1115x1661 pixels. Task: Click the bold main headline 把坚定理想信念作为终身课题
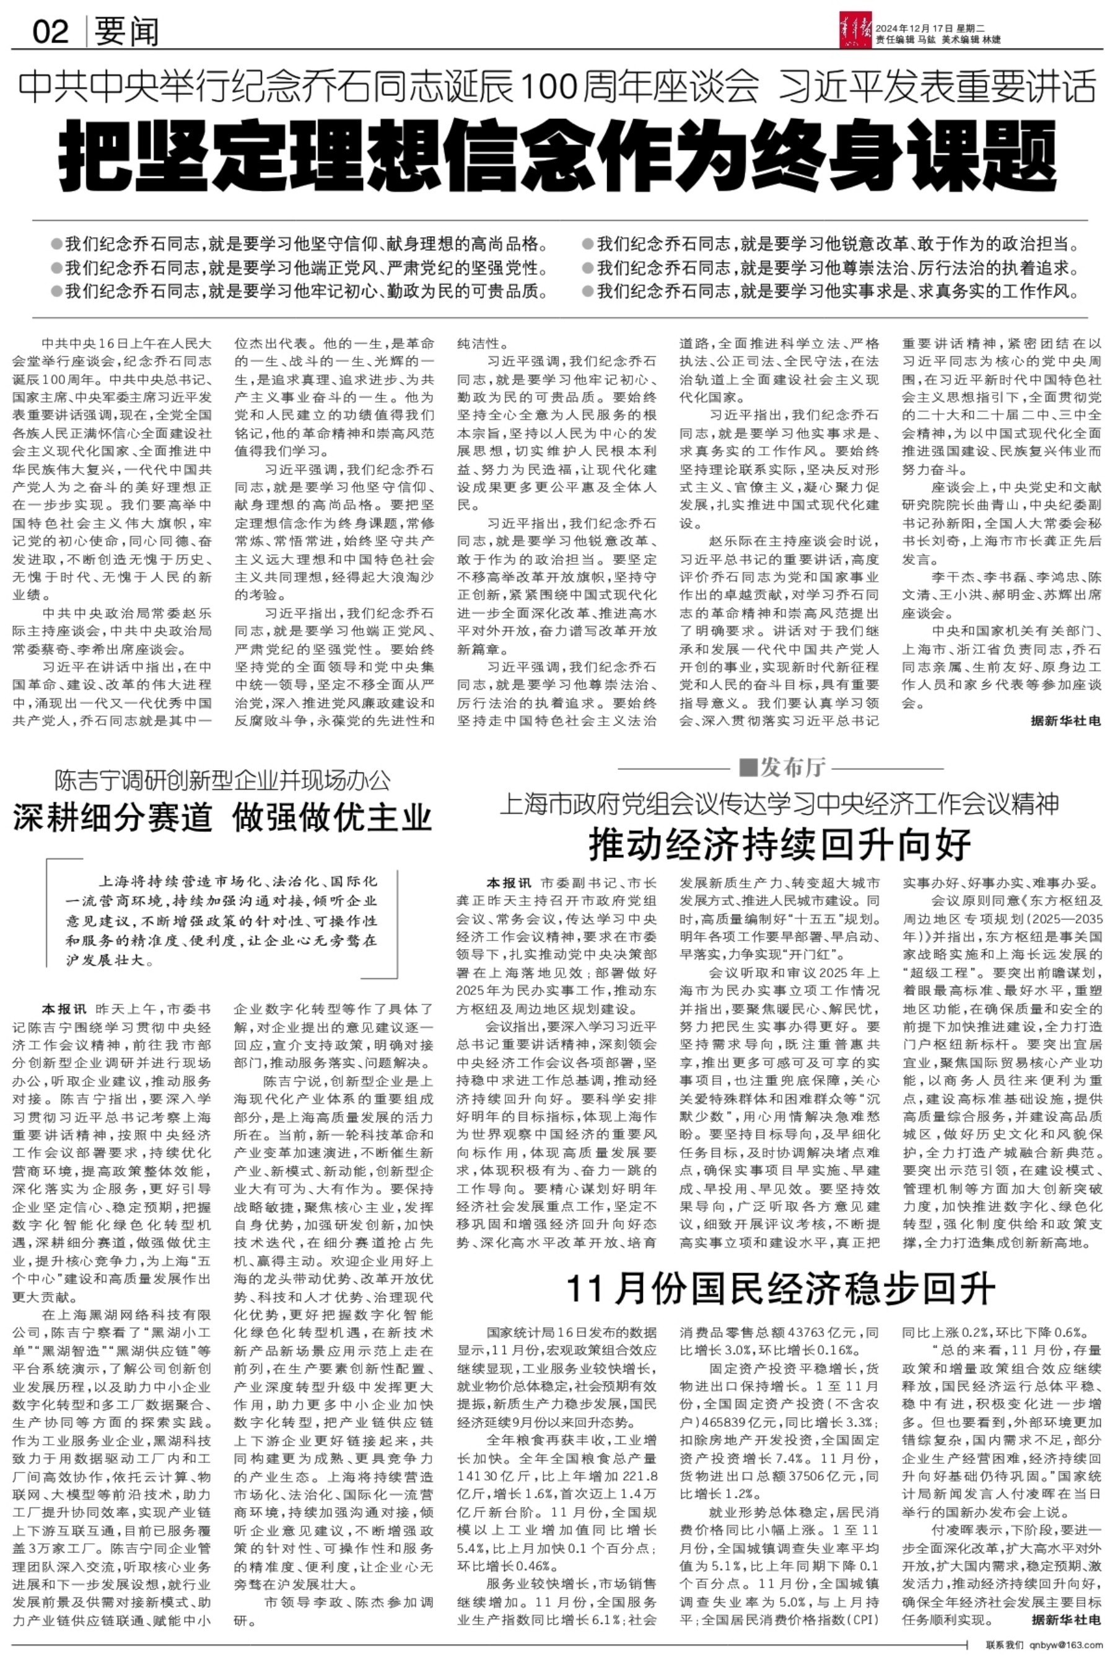coord(558,153)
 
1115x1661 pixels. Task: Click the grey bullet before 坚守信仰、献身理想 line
coord(56,245)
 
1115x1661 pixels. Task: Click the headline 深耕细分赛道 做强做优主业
coord(222,817)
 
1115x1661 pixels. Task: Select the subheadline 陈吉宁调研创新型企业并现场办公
coord(222,780)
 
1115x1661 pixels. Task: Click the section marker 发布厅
coord(783,768)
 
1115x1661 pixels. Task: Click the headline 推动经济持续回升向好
coord(780,844)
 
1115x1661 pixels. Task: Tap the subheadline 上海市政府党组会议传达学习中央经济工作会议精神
coord(780,804)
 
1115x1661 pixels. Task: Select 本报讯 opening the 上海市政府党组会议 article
coord(509,883)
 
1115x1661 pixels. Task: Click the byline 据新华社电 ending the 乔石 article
coord(1065,721)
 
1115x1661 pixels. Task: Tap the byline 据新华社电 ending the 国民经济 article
coord(1065,1619)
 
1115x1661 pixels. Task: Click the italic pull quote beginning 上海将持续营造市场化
coord(221,921)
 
